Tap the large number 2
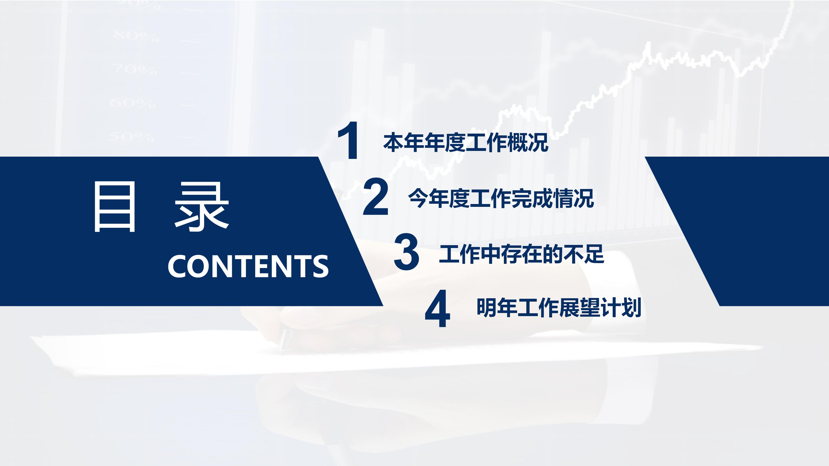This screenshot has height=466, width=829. pos(376,196)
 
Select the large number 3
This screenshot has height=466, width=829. pos(406,252)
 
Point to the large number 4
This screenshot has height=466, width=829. pos(437,308)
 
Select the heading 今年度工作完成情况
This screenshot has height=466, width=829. pos(501,198)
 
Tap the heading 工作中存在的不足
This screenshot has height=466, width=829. pos(521,254)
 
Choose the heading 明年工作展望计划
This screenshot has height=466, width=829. pos(559,308)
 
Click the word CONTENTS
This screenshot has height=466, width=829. pos(248,266)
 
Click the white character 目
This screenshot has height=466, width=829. pos(114,207)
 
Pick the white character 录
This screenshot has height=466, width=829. pos(202,207)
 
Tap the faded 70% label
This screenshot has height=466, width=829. pos(135,69)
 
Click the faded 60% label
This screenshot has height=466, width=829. pos(133,103)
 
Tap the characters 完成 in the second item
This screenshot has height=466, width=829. pos(532,198)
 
